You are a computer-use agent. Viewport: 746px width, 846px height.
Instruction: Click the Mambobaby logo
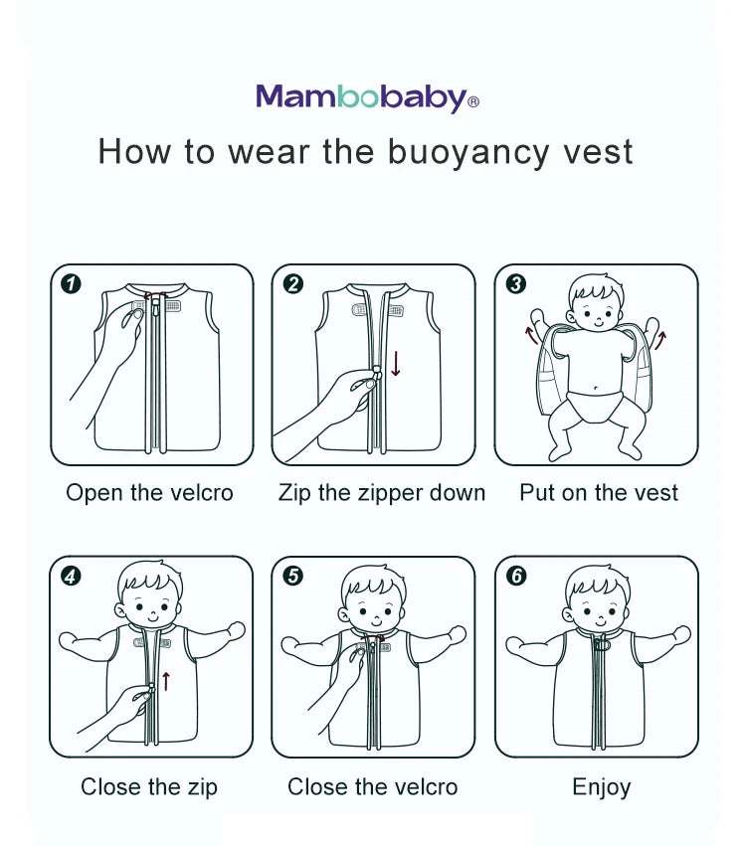[x=367, y=98]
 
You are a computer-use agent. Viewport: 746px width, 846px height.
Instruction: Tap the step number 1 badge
[x=71, y=283]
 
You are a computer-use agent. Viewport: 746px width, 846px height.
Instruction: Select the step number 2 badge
[x=293, y=283]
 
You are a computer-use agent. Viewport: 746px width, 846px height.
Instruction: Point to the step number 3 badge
[x=516, y=283]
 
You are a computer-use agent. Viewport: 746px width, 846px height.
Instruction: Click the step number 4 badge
[x=71, y=577]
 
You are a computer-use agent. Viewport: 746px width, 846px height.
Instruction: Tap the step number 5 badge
[x=293, y=576]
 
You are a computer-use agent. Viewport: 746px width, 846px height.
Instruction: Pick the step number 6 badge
[x=516, y=576]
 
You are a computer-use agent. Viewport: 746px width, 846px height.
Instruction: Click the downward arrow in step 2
[x=396, y=363]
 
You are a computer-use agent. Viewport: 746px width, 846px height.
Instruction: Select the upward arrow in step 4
[x=166, y=681]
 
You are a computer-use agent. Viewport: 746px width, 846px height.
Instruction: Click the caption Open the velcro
[x=149, y=493]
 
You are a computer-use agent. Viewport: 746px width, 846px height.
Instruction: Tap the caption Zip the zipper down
[x=382, y=493]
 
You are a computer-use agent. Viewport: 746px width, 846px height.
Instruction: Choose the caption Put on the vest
[x=599, y=493]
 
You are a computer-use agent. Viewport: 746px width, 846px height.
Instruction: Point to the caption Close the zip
[x=149, y=786]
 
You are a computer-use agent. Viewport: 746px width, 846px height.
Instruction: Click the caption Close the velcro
[x=372, y=786]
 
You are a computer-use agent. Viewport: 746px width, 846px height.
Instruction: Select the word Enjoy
[x=602, y=787]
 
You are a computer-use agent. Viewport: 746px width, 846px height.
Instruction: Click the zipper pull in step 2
[x=377, y=372]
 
